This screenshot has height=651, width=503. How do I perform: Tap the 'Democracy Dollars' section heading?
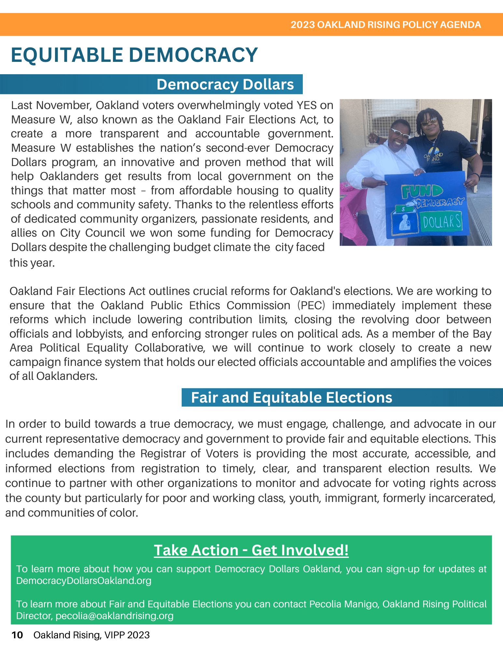tap(225, 84)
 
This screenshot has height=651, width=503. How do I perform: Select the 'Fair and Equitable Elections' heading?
tap(291, 397)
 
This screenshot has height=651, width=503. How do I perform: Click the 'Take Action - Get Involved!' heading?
tap(251, 550)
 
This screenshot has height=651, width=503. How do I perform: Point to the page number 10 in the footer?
tap(17, 635)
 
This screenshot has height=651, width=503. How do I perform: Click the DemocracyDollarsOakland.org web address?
tap(84, 581)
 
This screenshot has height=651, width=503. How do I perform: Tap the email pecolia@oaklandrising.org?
tap(114, 616)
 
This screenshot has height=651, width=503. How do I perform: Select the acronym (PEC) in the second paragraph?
tap(311, 305)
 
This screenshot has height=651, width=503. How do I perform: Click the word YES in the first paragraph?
tap(306, 105)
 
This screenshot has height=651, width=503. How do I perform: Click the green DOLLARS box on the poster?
tap(442, 222)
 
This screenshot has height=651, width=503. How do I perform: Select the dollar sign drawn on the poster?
tap(403, 209)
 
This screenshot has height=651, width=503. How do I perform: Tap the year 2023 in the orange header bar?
tap(302, 25)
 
